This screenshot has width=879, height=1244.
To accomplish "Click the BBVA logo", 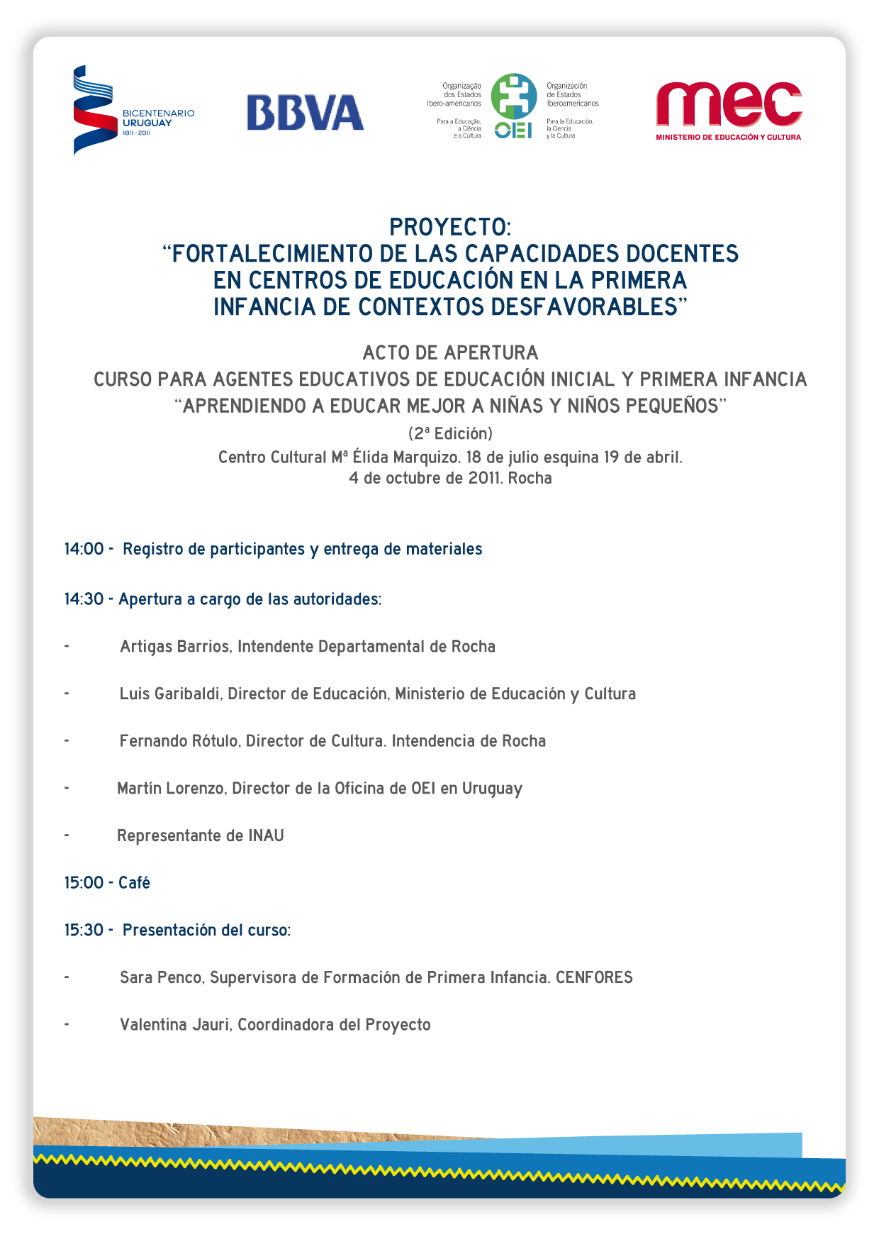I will (x=305, y=113).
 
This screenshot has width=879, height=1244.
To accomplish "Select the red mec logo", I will (x=728, y=104).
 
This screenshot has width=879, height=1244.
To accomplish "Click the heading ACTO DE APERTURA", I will (x=450, y=352).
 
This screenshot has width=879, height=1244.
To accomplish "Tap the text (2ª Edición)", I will (x=450, y=433).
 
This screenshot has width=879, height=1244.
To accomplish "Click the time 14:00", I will (x=84, y=549).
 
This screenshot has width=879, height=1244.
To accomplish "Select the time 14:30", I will (x=84, y=599).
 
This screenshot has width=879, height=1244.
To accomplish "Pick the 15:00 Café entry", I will (x=107, y=883).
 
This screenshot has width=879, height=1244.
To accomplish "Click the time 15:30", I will (x=84, y=930).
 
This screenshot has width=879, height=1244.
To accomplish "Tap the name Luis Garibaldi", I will (x=170, y=694).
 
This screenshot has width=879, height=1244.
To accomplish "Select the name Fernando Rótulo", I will (x=179, y=741).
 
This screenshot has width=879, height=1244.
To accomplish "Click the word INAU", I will (x=266, y=835).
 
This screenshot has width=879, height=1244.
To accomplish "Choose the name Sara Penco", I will (x=162, y=977).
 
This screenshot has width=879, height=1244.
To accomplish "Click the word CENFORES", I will (x=594, y=977).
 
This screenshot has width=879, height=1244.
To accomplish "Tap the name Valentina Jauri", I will (x=175, y=1025).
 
